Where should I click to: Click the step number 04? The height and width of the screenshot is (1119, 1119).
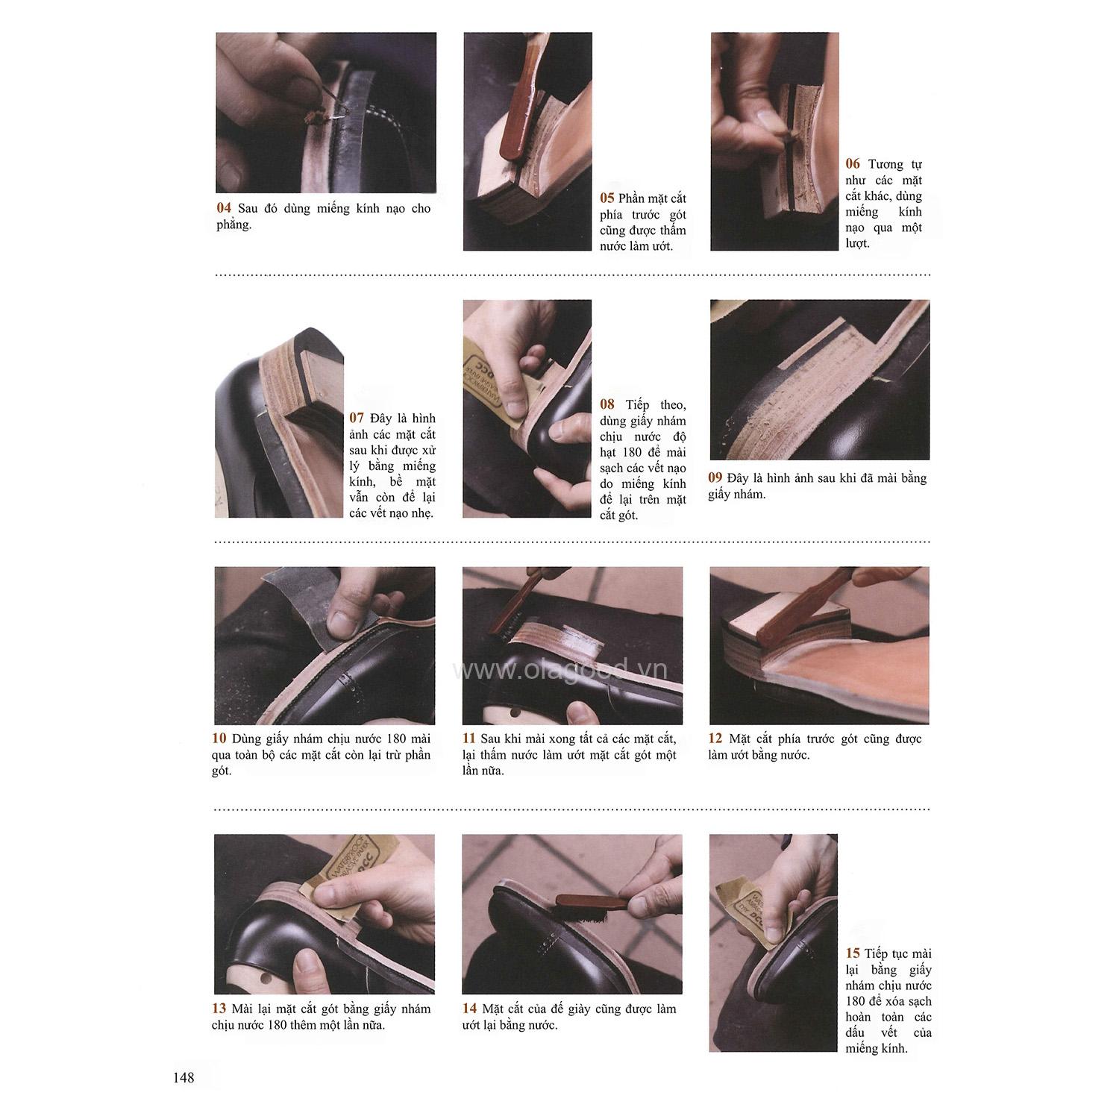point(224,209)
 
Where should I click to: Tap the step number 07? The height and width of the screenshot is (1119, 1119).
point(357,419)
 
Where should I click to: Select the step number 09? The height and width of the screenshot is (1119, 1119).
point(715,478)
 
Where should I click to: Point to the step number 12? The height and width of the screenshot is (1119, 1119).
point(715,739)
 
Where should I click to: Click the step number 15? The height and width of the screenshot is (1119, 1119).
point(853,953)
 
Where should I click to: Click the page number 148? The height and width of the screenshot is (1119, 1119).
point(183,1077)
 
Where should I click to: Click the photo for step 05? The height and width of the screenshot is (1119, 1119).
point(527,141)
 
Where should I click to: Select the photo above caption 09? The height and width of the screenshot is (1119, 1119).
point(820,380)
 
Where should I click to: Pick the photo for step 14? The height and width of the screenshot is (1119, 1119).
point(572,914)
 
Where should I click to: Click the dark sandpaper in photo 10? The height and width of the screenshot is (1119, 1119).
point(298,604)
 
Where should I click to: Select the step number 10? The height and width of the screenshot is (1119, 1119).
point(219,739)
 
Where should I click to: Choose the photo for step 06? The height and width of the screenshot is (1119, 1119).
point(774,141)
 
